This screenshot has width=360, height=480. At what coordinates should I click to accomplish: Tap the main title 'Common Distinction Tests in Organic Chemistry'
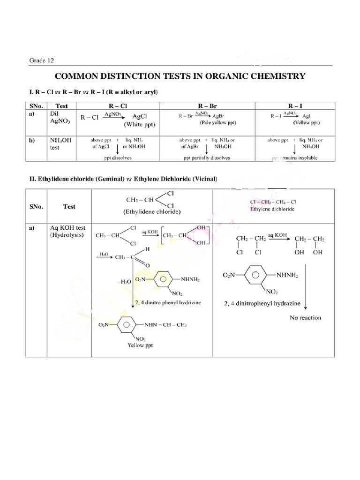(x=180, y=76)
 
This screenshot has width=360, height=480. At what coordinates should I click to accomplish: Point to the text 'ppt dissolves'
(x=118, y=157)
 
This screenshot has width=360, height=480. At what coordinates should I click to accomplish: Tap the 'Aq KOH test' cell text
(x=67, y=231)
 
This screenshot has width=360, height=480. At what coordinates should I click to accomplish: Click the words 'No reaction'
(x=305, y=318)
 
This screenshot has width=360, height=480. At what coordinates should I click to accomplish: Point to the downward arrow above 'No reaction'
(x=305, y=294)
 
